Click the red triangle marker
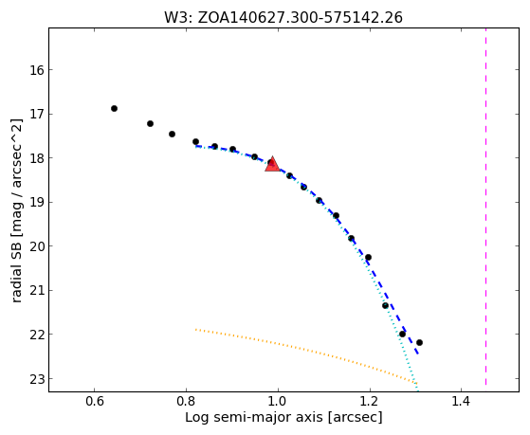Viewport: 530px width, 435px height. click(x=272, y=164)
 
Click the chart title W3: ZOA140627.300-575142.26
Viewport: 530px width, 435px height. click(x=283, y=18)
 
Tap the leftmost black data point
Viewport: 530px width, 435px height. click(x=114, y=108)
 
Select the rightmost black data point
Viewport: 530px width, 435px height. click(x=419, y=342)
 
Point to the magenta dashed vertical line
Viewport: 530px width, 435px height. click(x=485, y=207)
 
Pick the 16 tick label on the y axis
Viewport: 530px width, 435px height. click(x=37, y=70)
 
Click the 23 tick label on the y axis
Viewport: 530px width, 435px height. click(x=37, y=379)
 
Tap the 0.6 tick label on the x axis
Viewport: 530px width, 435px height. click(x=94, y=402)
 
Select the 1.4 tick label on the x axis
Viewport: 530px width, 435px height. click(x=462, y=402)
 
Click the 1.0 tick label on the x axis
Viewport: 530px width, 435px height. click(x=278, y=402)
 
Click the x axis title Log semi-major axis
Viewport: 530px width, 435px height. click(x=254, y=418)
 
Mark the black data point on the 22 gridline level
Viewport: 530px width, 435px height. click(x=402, y=334)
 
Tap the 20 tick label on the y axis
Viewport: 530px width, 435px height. click(x=37, y=246)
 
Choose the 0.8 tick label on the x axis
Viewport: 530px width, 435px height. click(x=186, y=402)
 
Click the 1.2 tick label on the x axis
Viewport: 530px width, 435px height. click(x=370, y=402)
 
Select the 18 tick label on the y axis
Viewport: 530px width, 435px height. click(x=37, y=158)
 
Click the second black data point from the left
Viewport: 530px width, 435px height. click(x=150, y=124)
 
